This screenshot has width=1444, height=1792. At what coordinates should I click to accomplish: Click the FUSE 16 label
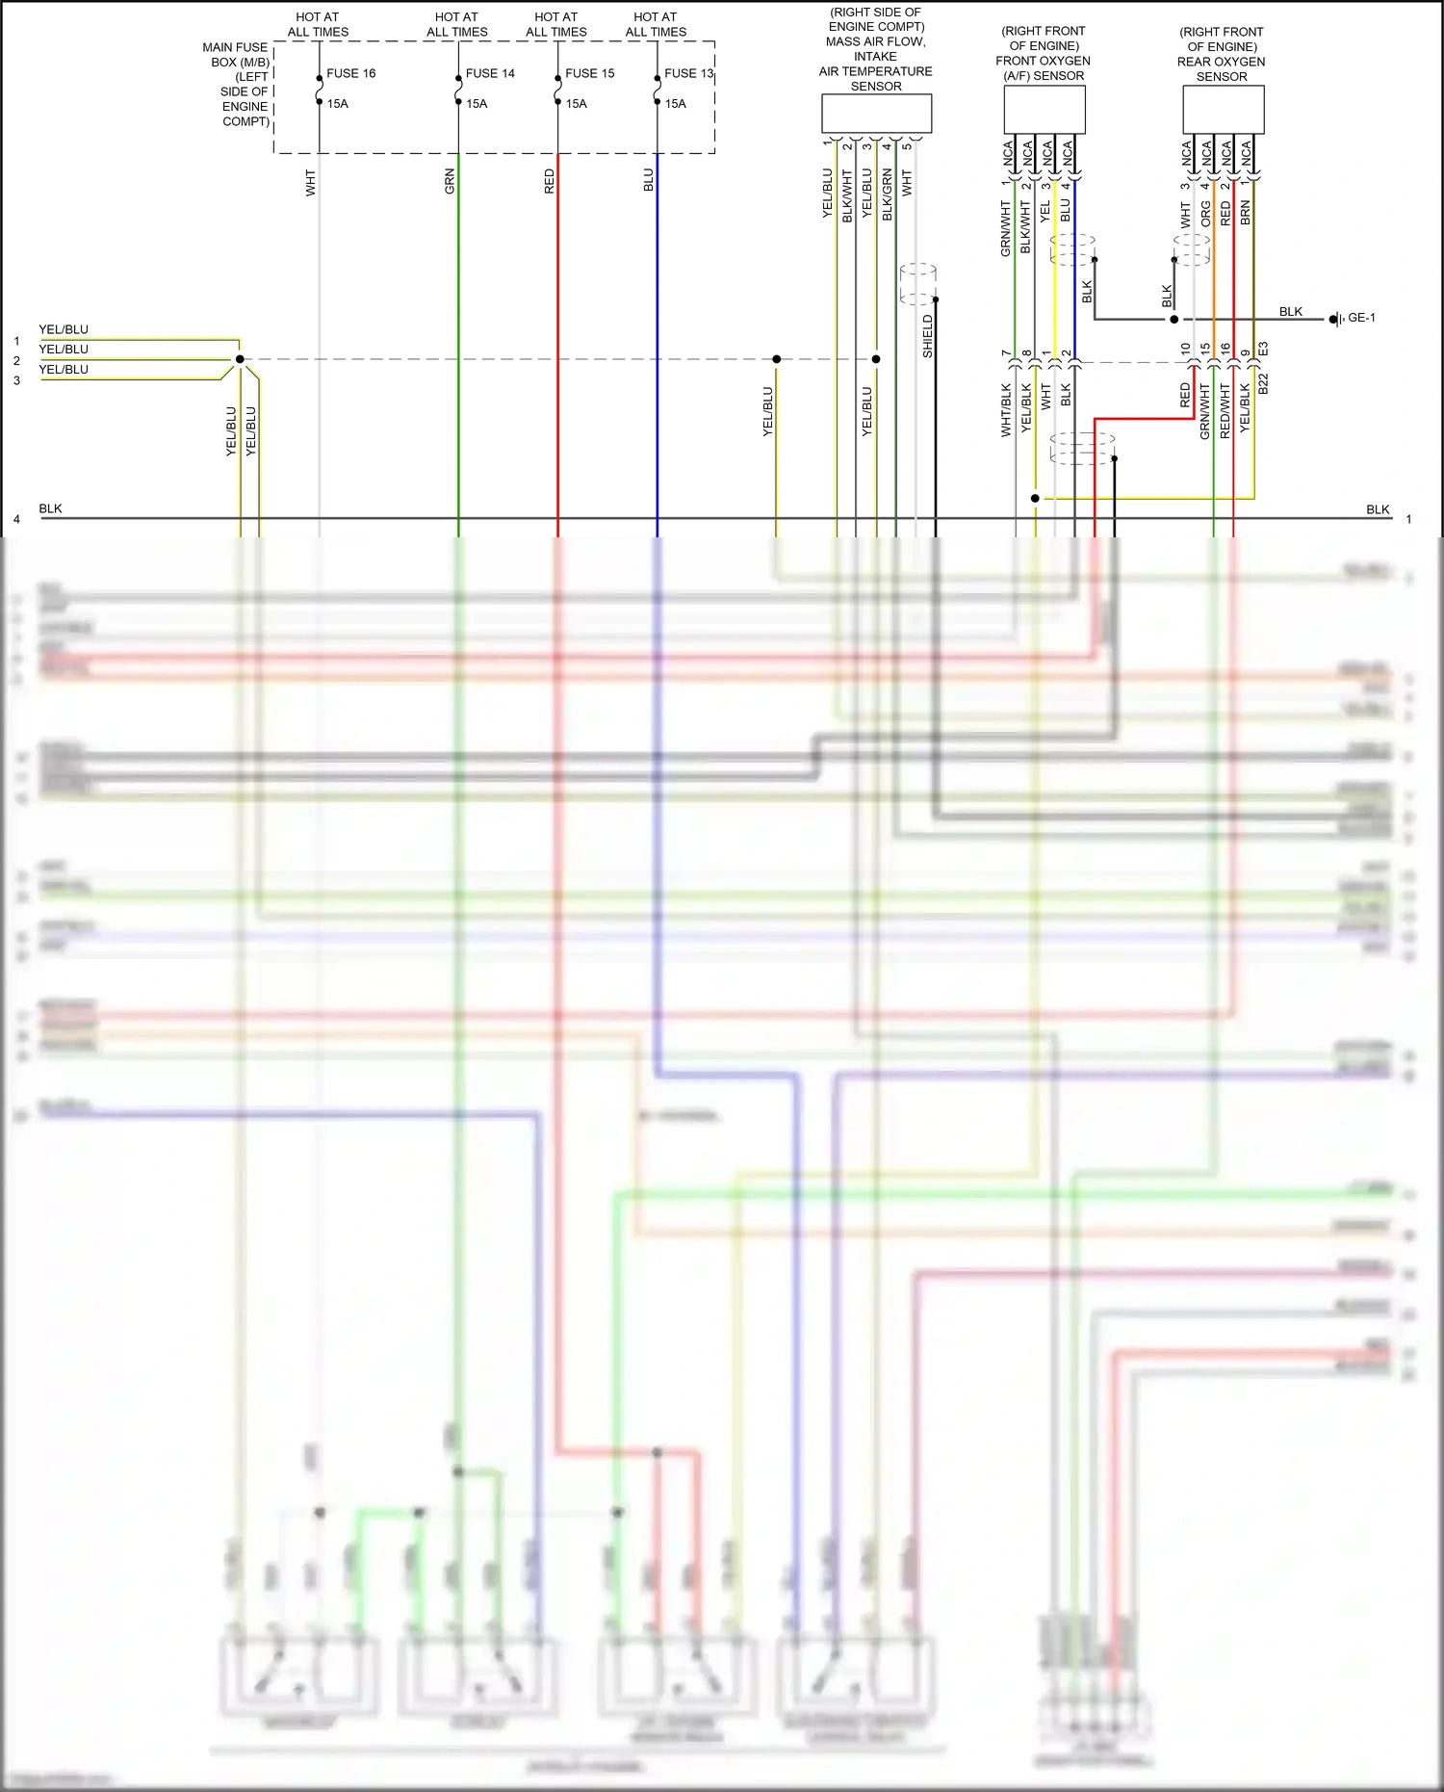(x=350, y=73)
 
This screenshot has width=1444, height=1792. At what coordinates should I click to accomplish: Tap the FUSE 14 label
(x=490, y=73)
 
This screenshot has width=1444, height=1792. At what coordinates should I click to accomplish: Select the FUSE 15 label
(x=589, y=73)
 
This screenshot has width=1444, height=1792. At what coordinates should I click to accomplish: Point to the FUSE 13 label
(x=688, y=73)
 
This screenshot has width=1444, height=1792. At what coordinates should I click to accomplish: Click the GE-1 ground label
(x=1361, y=318)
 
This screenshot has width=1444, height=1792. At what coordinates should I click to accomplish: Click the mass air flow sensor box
(x=876, y=114)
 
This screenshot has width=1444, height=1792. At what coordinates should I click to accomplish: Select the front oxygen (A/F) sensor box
(x=1044, y=110)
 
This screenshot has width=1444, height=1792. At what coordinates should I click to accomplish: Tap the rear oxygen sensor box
(x=1223, y=110)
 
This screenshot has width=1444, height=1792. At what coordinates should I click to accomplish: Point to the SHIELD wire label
(x=928, y=336)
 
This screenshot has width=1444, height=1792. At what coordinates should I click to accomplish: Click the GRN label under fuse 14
(x=450, y=182)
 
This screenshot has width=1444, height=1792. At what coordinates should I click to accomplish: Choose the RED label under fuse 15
(x=550, y=182)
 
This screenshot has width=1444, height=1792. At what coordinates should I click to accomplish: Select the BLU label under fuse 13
(x=649, y=181)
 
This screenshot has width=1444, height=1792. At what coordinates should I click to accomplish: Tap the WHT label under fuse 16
(x=311, y=183)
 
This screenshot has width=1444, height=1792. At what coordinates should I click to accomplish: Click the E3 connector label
(x=1263, y=349)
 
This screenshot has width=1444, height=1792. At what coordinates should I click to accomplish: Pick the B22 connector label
(x=1263, y=383)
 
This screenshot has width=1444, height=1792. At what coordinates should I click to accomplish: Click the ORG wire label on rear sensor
(x=1205, y=214)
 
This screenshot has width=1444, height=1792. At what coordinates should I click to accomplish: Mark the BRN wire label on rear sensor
(x=1245, y=213)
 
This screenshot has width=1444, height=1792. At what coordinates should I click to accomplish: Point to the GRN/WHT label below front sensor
(x=1006, y=228)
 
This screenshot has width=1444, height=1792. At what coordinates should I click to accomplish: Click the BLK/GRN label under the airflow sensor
(x=887, y=195)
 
